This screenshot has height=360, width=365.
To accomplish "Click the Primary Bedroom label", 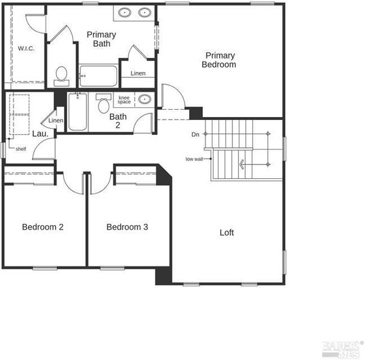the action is click(x=219, y=60).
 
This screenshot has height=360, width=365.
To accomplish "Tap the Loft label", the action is click(x=227, y=232).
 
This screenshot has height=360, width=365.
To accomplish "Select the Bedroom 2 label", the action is click(x=43, y=227).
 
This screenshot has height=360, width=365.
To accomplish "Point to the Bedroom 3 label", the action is click(x=127, y=227).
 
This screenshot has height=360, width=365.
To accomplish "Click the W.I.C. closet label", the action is click(x=26, y=49).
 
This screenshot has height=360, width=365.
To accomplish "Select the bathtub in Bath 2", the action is click(x=78, y=112).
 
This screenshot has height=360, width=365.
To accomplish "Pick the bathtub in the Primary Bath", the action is click(x=98, y=76).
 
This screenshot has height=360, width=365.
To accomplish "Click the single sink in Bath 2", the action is click(x=145, y=100).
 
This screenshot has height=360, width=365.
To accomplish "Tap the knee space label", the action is click(x=124, y=100).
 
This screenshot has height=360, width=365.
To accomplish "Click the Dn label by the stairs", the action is click(x=195, y=134).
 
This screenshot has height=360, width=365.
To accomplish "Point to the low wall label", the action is click(x=194, y=159).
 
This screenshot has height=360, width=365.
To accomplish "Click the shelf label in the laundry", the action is click(x=21, y=149).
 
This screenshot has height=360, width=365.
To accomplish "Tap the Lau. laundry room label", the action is click(x=40, y=134).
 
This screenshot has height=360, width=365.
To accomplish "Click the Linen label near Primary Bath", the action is click(x=138, y=73).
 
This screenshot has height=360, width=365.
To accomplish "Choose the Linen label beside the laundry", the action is click(x=56, y=121).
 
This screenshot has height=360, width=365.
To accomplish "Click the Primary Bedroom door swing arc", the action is click(x=178, y=92).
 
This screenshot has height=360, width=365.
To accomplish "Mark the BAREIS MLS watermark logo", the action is click(x=343, y=349).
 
